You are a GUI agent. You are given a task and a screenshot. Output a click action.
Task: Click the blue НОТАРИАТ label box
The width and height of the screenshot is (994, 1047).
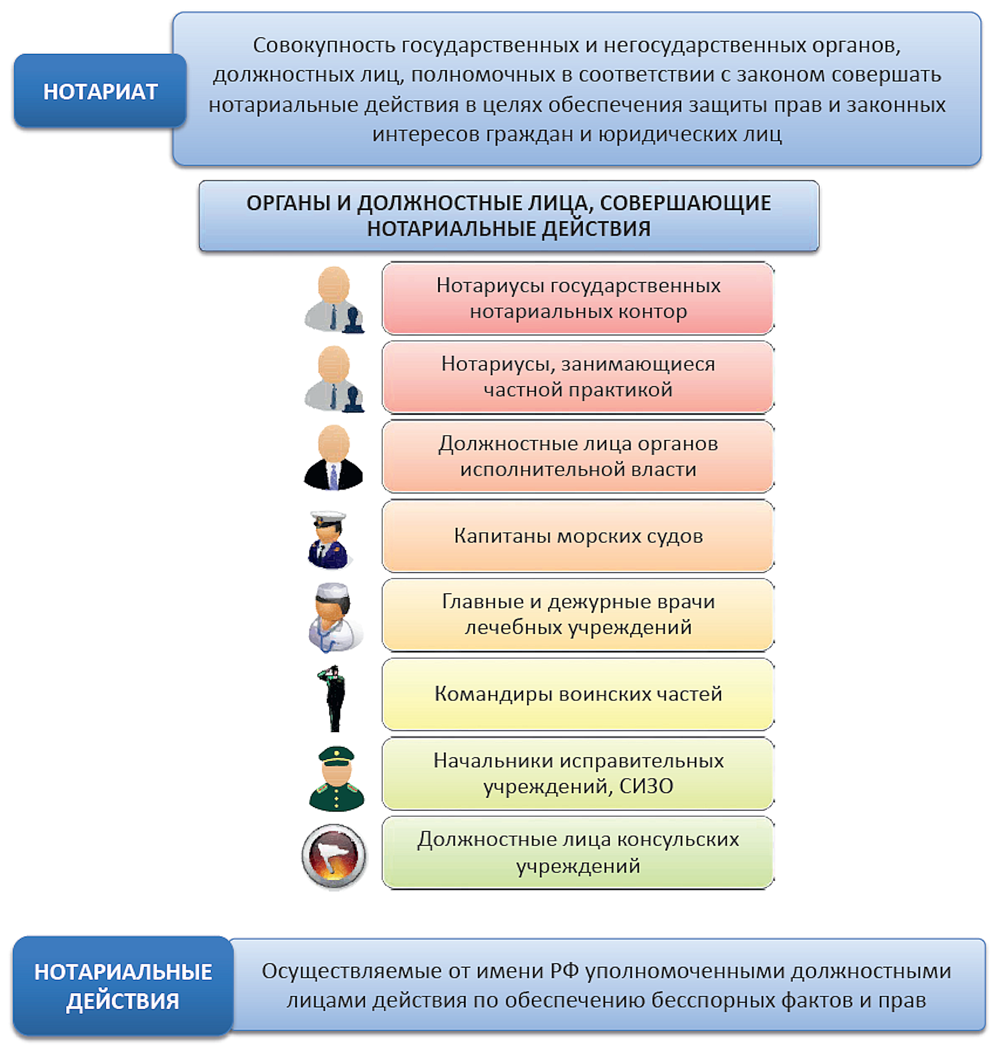[100, 91]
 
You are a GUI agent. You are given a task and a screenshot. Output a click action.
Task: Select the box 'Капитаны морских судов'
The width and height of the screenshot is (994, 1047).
[578, 536]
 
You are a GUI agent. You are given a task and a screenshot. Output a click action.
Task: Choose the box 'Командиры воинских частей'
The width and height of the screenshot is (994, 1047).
[578, 694]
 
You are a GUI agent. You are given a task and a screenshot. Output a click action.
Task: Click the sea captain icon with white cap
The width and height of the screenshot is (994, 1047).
[328, 540]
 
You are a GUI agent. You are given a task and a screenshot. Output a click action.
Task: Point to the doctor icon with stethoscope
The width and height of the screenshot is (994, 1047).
[334, 617]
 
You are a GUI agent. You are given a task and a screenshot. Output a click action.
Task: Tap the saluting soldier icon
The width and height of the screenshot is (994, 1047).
[333, 698]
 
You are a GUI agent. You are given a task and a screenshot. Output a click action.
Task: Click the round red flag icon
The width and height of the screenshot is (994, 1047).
[334, 856]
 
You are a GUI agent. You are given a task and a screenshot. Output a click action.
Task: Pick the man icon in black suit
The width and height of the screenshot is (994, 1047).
[333, 457]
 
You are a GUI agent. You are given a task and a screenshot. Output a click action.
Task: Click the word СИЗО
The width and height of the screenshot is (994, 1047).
[646, 787]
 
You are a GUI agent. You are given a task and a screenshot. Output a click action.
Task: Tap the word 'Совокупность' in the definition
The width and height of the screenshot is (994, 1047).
[324, 46]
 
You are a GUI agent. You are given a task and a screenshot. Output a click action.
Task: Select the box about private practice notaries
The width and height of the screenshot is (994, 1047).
[578, 377]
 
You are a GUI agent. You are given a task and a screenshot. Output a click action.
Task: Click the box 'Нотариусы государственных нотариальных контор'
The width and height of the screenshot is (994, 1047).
[578, 298]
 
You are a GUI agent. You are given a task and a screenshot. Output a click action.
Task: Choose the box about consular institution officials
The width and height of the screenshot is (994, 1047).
[578, 853]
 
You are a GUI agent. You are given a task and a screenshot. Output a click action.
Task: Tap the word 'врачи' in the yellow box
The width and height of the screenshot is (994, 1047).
[686, 602]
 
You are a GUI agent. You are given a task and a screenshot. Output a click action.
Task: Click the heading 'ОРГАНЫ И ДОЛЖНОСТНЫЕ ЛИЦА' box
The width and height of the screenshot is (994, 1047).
[508, 216]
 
